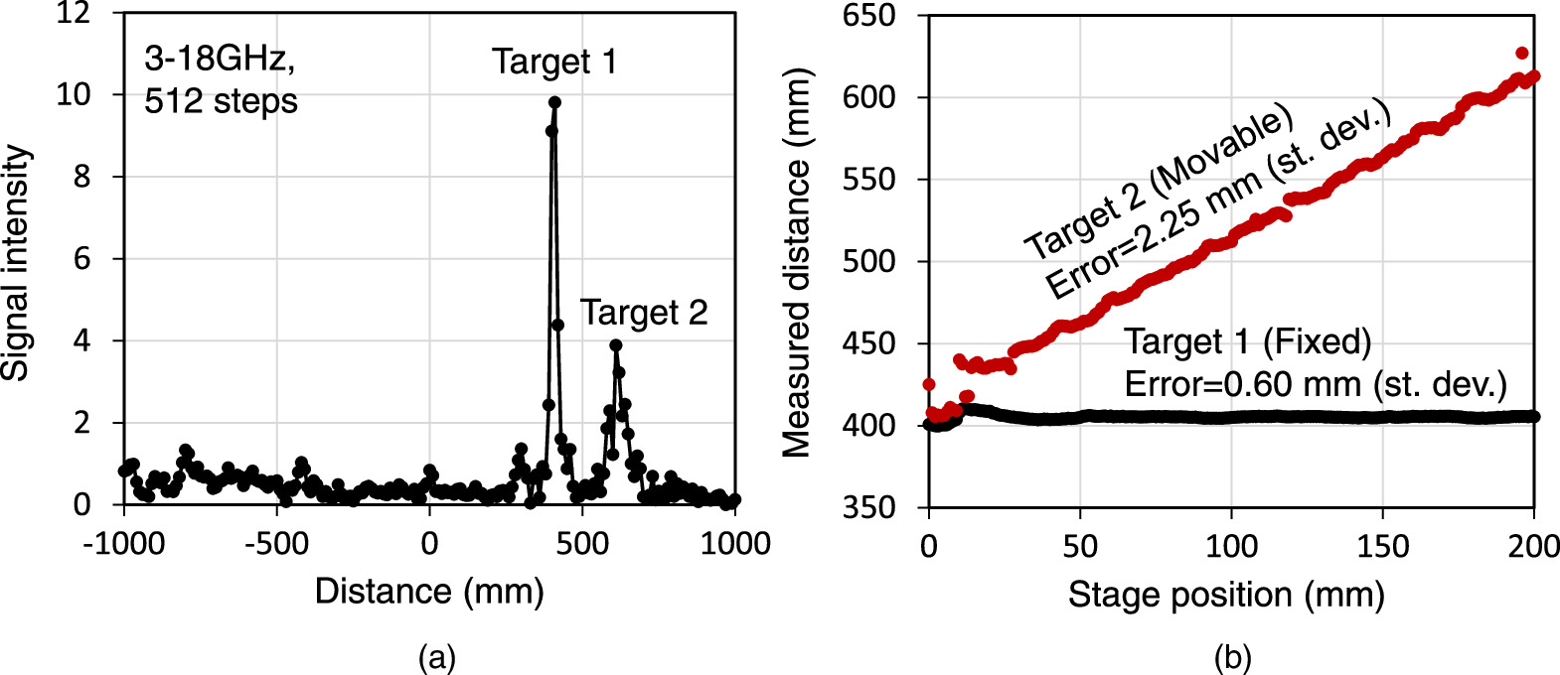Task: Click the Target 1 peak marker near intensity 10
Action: [x=554, y=102]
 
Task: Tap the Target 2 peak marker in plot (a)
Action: [x=616, y=345]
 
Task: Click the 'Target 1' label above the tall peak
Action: [x=554, y=63]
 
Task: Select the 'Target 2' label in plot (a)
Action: [x=644, y=313]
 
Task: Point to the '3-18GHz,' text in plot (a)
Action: [x=220, y=60]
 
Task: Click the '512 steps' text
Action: [x=221, y=101]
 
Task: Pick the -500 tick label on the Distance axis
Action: [x=275, y=544]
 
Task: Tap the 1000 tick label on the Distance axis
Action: [x=735, y=544]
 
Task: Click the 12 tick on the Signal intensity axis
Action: [x=74, y=13]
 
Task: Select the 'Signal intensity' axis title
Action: [x=17, y=263]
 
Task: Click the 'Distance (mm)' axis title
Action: [x=429, y=592]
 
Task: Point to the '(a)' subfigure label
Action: [x=437, y=657]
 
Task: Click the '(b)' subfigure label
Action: [x=1232, y=657]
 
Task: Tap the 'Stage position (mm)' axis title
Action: [x=1226, y=595]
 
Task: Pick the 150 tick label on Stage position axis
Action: [x=1383, y=547]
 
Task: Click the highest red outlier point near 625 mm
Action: [x=1521, y=54]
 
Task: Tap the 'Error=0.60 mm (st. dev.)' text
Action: [x=1316, y=384]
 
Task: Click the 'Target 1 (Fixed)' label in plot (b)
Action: [x=1248, y=342]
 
